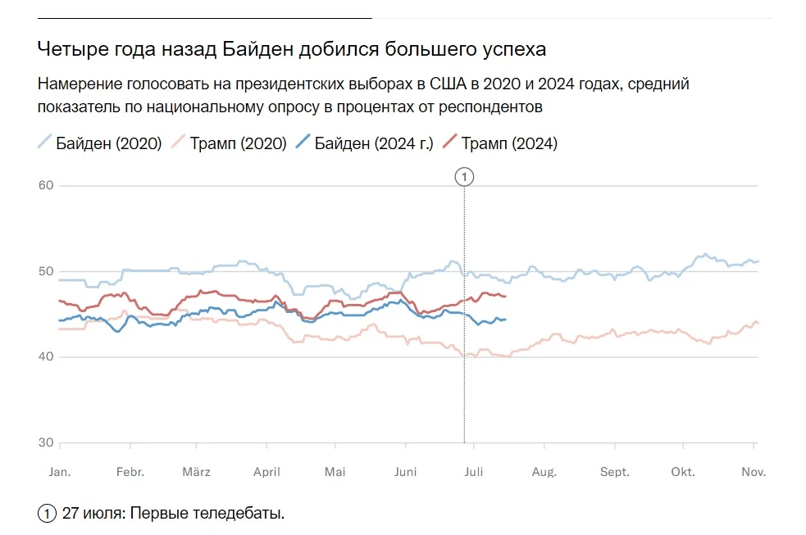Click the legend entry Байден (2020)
click(x=100, y=143)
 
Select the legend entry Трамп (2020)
click(x=230, y=143)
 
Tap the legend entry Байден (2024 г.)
click(x=365, y=143)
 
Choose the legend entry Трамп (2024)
click(x=500, y=143)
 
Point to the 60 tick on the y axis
click(x=46, y=185)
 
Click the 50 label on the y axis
click(x=46, y=271)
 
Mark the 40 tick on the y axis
click(x=46, y=357)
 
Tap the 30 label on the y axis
click(x=46, y=442)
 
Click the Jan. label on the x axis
click(x=60, y=472)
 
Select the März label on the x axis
click(x=196, y=472)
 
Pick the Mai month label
click(x=335, y=472)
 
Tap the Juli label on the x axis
click(x=474, y=472)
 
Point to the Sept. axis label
click(x=615, y=472)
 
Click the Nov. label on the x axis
click(x=754, y=472)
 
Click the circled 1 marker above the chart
click(x=464, y=177)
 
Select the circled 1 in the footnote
click(x=47, y=513)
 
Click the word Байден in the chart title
click(x=257, y=49)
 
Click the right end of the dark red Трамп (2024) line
click(x=506, y=297)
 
